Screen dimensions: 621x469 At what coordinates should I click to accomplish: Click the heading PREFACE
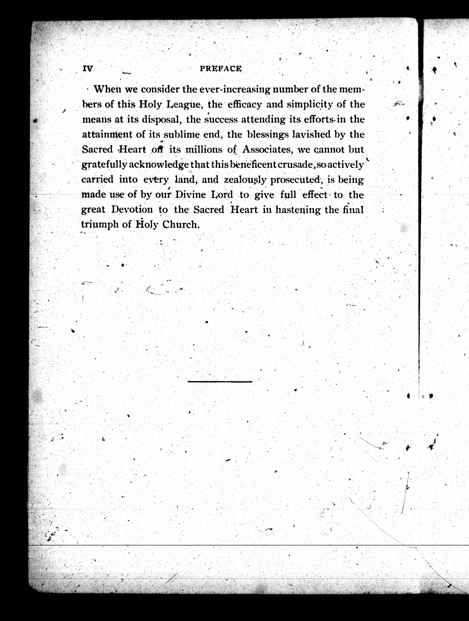(x=221, y=69)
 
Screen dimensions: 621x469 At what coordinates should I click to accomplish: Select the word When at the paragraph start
(x=108, y=89)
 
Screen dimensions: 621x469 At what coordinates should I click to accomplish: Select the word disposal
(x=160, y=120)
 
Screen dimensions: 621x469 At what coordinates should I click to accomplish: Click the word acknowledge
(x=159, y=164)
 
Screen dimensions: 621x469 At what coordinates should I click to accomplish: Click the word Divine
(x=190, y=195)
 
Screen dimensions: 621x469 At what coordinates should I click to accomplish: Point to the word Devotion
(x=132, y=210)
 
